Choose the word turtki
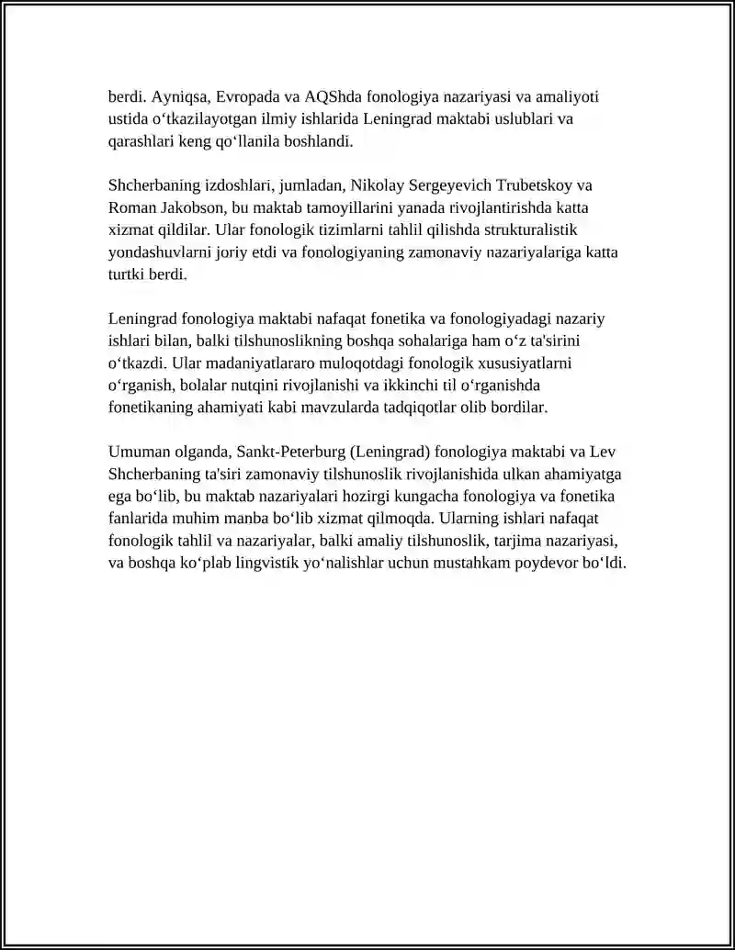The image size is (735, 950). tap(126, 274)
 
